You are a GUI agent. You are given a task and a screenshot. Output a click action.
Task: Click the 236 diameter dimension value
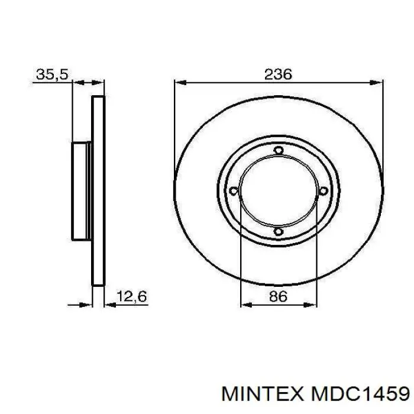[x=278, y=75]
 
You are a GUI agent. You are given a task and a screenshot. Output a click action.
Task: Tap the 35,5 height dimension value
[x=52, y=75]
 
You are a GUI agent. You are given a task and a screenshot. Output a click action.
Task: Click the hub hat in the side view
[x=80, y=190]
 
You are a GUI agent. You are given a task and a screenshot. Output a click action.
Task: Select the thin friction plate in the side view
[x=99, y=190]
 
